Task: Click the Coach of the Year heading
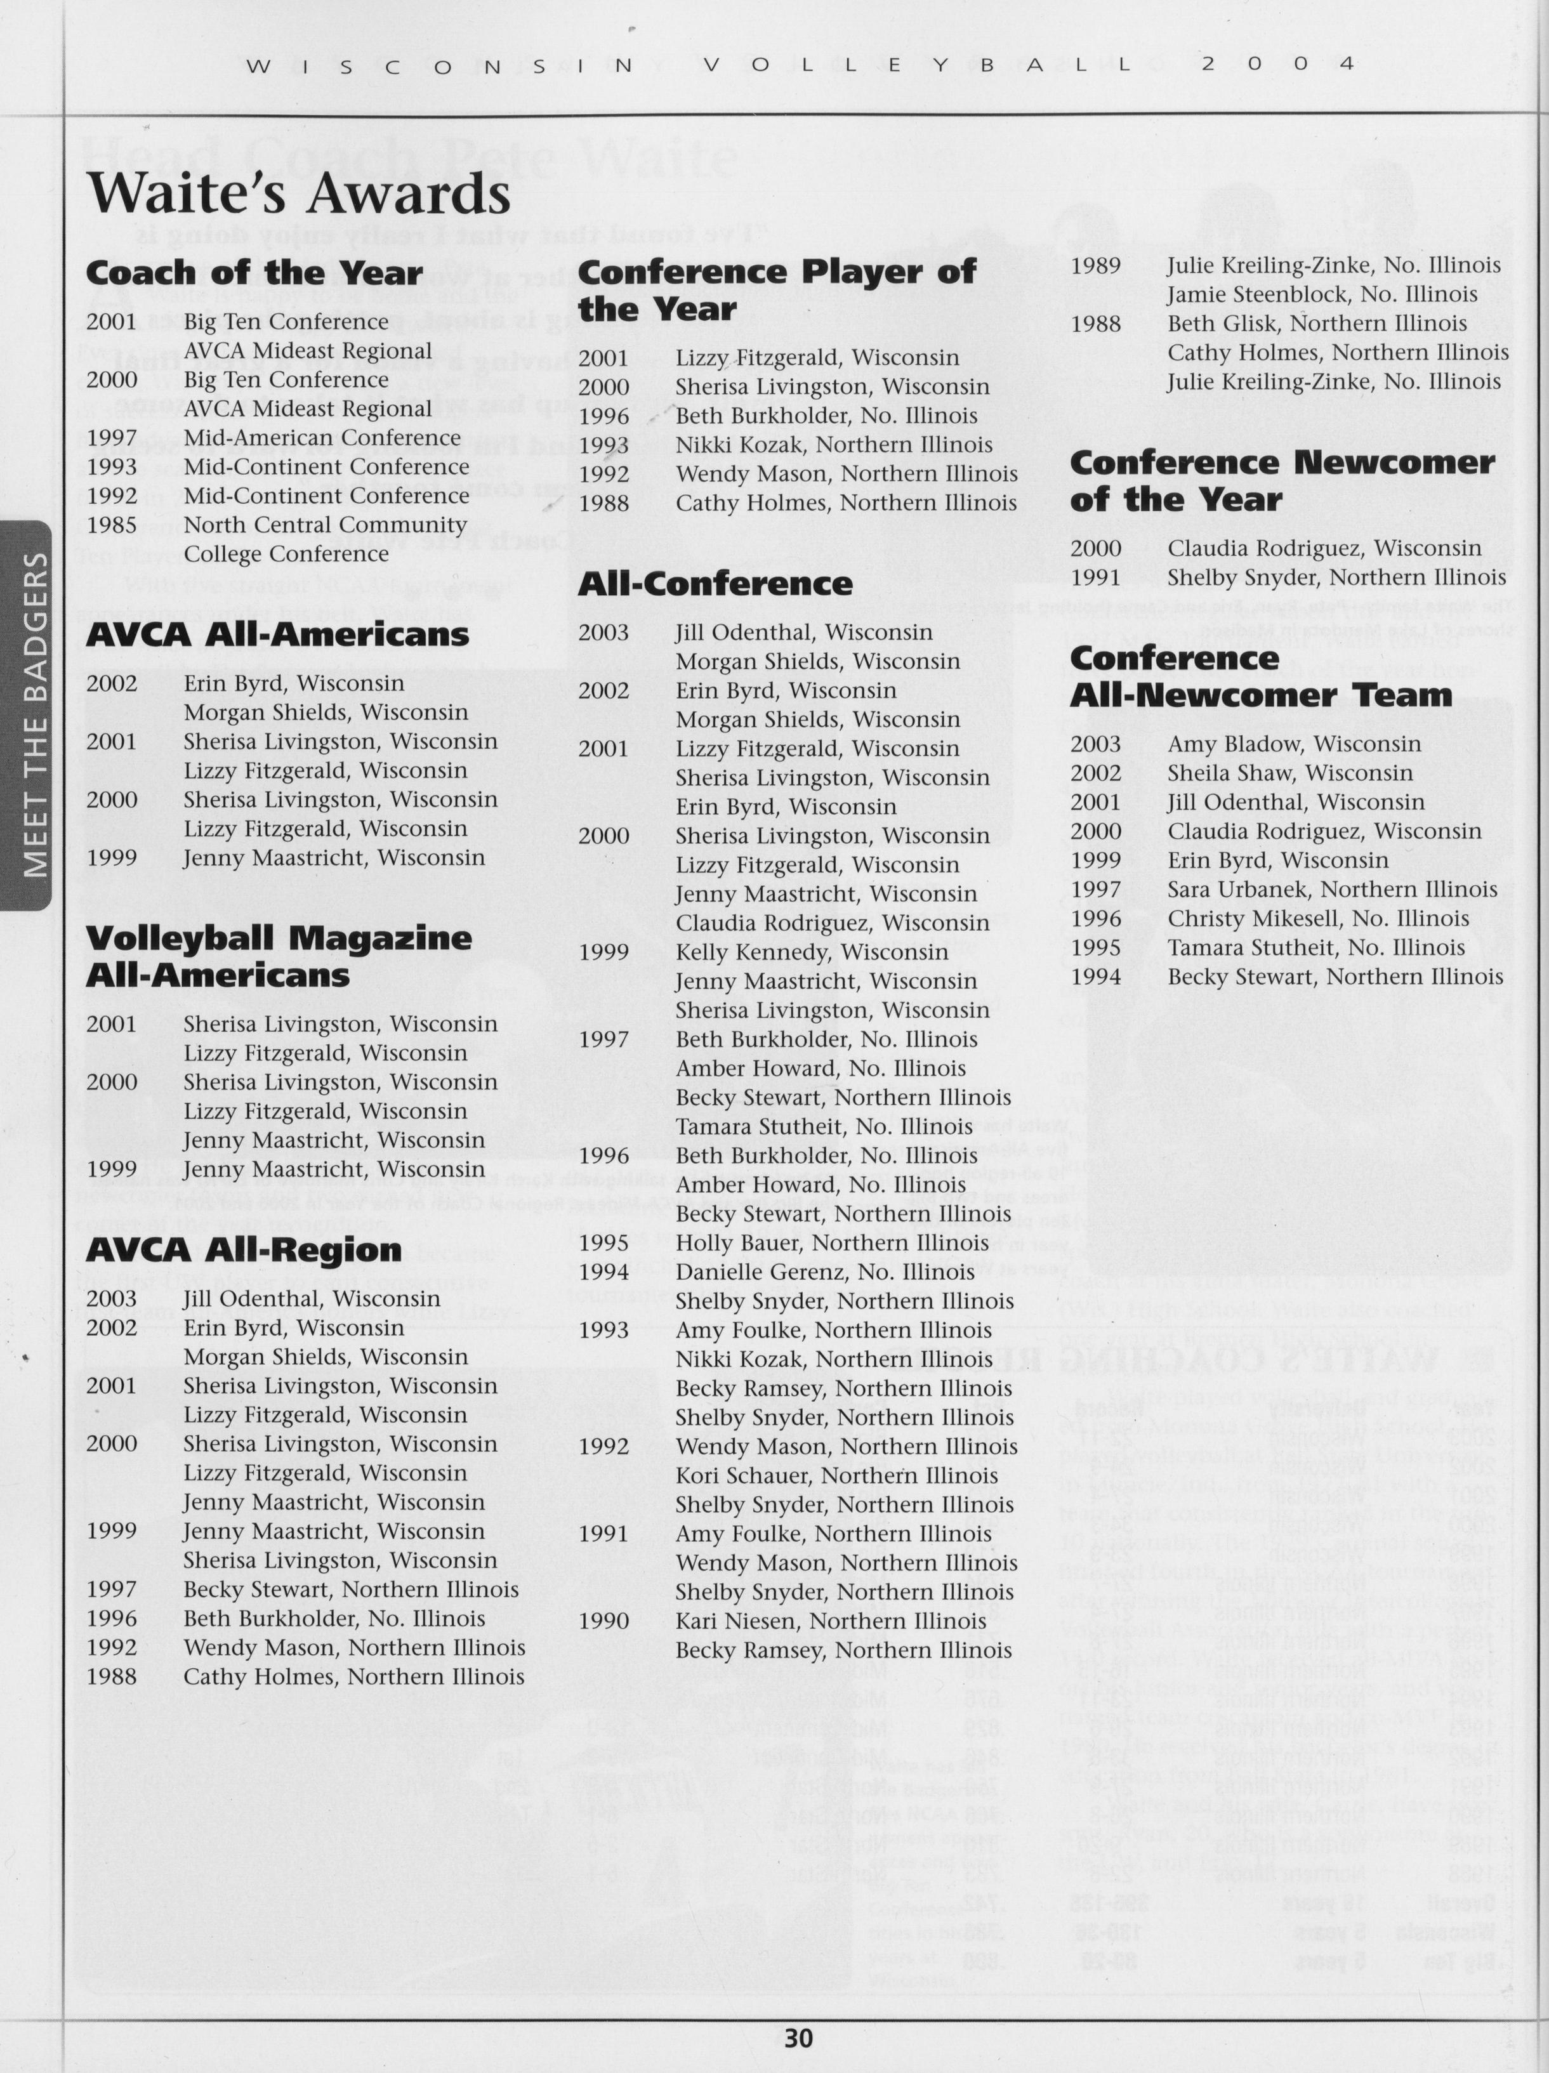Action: pyautogui.click(x=254, y=273)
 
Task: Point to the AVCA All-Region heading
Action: pyautogui.click(x=244, y=1250)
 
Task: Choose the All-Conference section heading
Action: pyautogui.click(x=715, y=584)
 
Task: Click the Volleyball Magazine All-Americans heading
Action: pyautogui.click(x=279, y=956)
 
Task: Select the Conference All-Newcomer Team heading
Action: pyautogui.click(x=1260, y=676)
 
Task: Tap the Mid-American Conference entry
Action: pyautogui.click(x=322, y=438)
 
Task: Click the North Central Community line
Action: pyautogui.click(x=324, y=525)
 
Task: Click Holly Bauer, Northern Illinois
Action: pyautogui.click(x=832, y=1242)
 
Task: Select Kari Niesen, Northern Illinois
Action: pyautogui.click(x=830, y=1621)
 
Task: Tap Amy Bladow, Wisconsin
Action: pyautogui.click(x=1293, y=744)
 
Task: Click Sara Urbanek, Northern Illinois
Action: pyautogui.click(x=1331, y=890)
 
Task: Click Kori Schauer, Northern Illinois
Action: pyautogui.click(x=837, y=1475)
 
